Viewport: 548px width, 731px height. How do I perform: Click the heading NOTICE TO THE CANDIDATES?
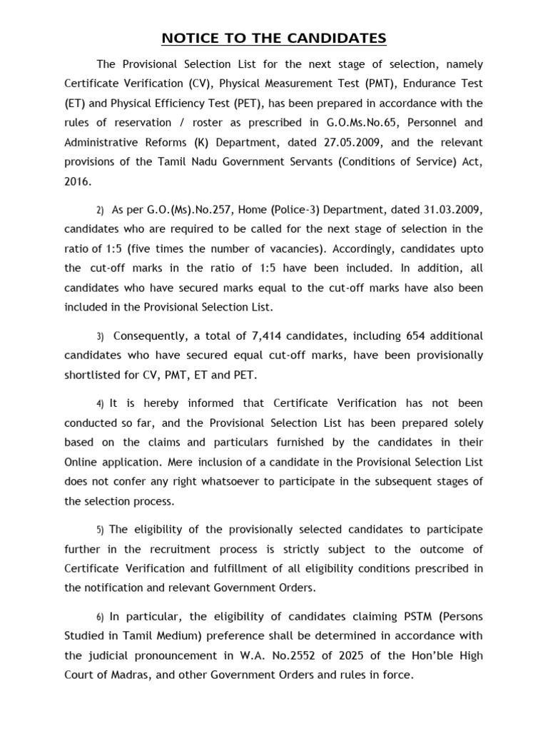point(273,38)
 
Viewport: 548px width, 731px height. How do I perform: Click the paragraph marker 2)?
point(100,211)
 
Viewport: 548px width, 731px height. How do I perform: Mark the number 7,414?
point(270,336)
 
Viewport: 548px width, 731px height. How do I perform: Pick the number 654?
point(420,336)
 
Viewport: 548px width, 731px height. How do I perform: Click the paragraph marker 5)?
point(100,530)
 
